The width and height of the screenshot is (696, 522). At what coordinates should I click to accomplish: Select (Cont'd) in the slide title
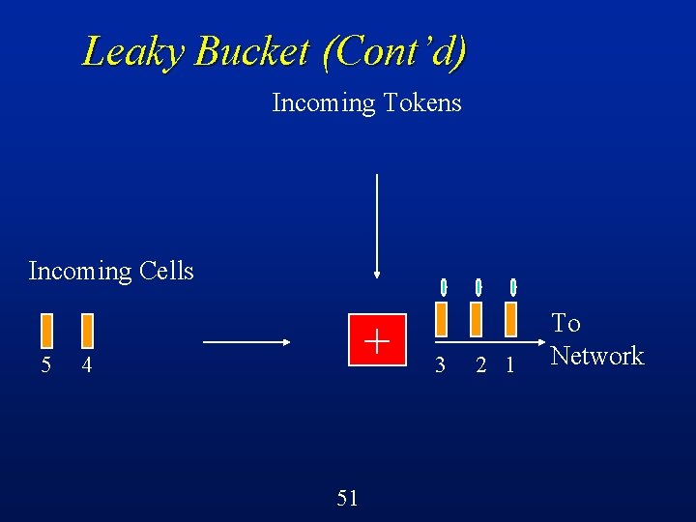(395, 50)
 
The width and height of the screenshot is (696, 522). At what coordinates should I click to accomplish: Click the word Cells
(166, 271)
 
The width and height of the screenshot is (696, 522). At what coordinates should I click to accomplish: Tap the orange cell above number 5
(45, 331)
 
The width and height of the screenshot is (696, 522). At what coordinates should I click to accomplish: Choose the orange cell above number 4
(87, 331)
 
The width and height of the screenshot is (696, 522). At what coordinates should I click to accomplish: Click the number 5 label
(45, 365)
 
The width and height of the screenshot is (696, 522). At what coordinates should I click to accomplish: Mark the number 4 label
(87, 365)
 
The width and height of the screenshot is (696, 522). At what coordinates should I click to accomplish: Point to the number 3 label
(440, 365)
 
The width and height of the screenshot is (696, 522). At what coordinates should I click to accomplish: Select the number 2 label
(480, 365)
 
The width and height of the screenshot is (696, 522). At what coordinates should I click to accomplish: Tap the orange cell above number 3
(441, 319)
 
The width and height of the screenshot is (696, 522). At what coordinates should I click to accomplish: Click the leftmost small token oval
(444, 287)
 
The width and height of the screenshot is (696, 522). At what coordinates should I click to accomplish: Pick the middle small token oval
(478, 287)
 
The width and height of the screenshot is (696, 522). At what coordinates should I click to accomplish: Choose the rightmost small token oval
(513, 287)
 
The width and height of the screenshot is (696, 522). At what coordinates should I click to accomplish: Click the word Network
(596, 356)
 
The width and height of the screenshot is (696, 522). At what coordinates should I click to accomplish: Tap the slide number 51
(348, 498)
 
